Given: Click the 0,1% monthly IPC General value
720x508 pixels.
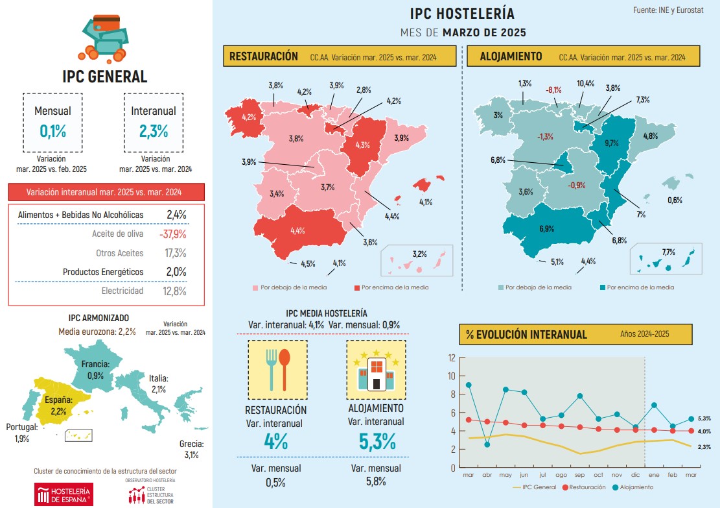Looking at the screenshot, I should point(52,130).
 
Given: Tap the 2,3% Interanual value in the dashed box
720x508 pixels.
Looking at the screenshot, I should point(153,130).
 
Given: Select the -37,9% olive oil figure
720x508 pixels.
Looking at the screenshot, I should point(172,234).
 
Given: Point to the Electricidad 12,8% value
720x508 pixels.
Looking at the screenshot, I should point(174,291).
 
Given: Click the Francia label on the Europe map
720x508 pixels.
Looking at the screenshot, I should point(95,364).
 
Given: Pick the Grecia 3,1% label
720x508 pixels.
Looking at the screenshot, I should point(192,449).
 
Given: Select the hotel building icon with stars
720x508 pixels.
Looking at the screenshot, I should point(376,370).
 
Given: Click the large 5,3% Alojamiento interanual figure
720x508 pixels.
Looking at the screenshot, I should point(377,441).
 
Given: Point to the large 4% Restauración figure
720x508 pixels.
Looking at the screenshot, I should point(276,441).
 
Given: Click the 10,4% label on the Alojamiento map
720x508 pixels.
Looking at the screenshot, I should point(585,84).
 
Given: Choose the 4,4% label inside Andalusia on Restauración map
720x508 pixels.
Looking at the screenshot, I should point(297,230).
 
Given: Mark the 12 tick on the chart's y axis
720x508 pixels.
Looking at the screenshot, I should point(452,357).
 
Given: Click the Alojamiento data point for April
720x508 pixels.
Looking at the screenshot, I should point(487,444).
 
